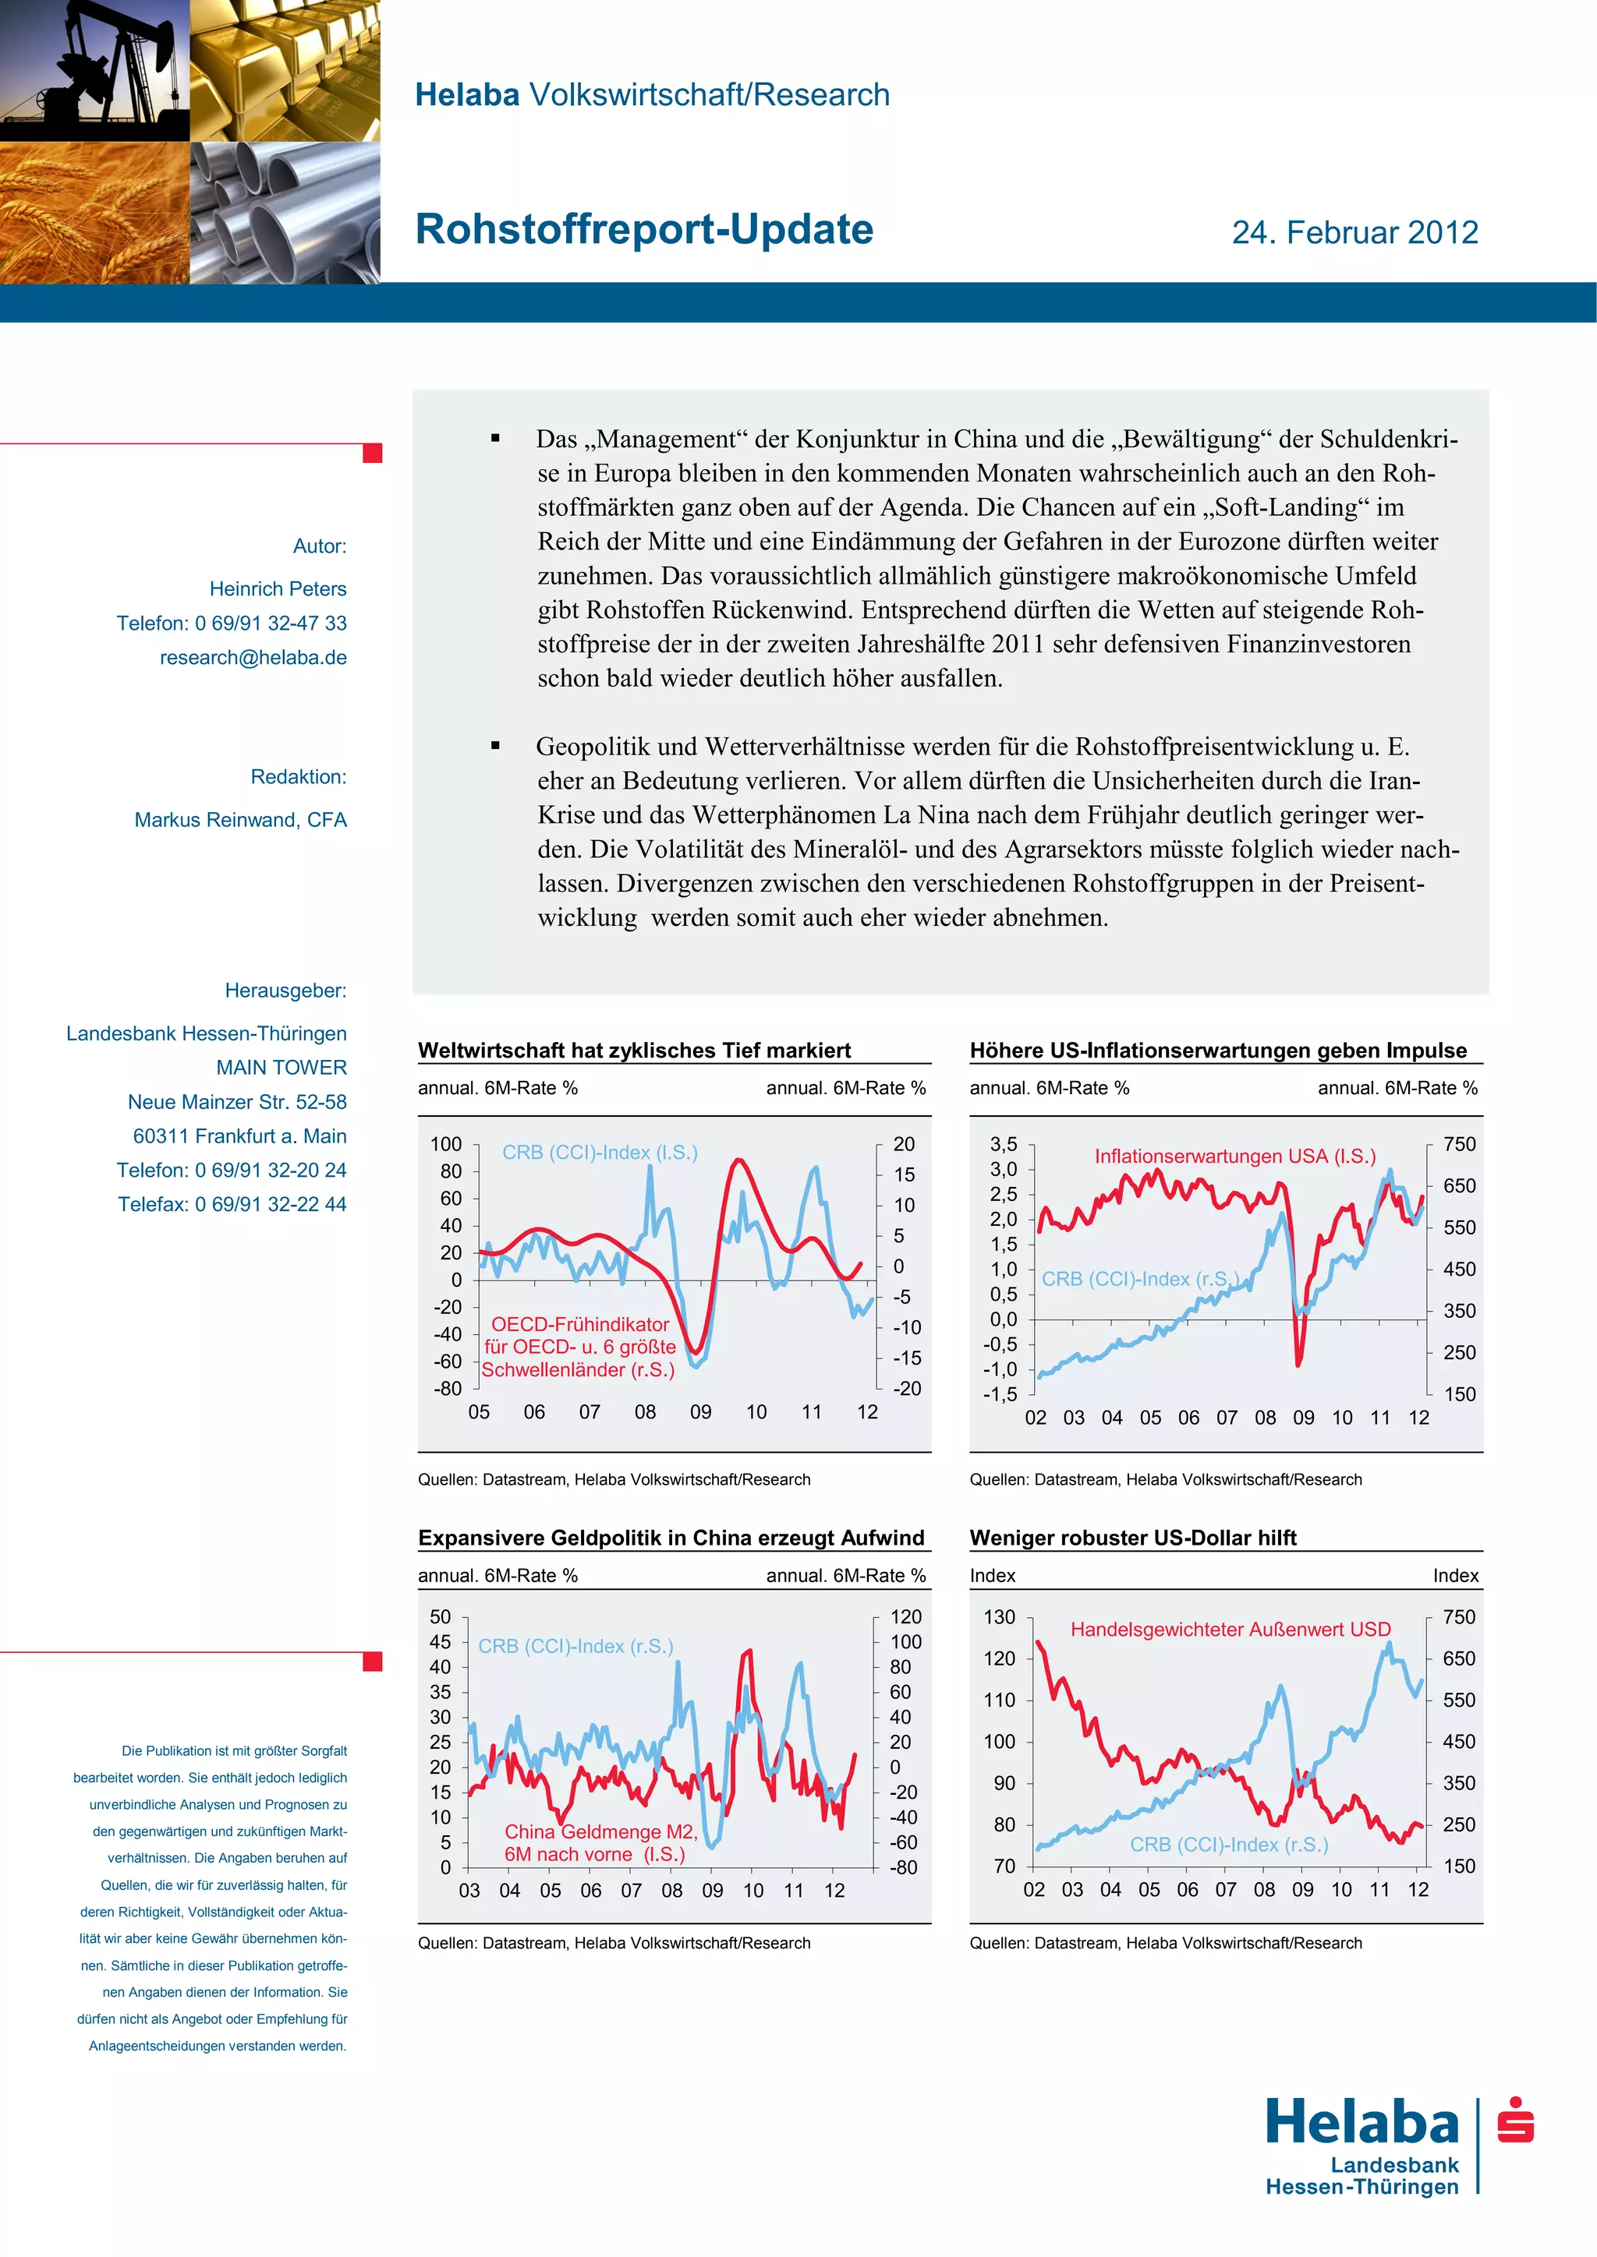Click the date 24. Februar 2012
click(x=1354, y=233)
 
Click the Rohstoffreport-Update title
click(x=644, y=229)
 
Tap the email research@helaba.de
click(x=253, y=658)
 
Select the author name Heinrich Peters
click(x=278, y=589)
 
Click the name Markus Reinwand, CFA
click(x=240, y=820)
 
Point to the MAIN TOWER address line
click(x=282, y=1068)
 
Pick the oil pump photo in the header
click(x=94, y=71)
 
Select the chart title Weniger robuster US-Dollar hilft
click(x=1133, y=1538)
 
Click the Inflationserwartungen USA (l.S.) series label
click(x=1235, y=1156)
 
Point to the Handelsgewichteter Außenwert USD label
click(x=1231, y=1629)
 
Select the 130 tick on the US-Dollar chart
click(x=999, y=1617)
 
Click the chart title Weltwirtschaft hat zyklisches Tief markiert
click(x=634, y=1050)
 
